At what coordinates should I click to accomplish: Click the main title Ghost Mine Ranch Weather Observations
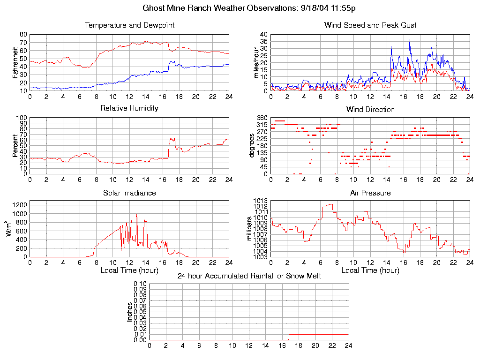coord(249,8)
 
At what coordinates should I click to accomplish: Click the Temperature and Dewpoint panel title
coord(129,25)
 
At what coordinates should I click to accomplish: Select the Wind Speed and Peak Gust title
coord(370,25)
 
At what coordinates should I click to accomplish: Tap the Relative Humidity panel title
coord(129,108)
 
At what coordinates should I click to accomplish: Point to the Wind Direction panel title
coord(370,110)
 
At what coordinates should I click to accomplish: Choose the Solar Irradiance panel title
coord(129,193)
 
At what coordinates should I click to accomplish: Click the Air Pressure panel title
coord(370,193)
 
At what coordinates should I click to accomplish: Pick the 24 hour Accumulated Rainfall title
coord(249,276)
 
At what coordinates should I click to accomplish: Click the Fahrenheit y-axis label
coord(15,63)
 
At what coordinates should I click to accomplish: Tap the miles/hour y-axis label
coord(256,63)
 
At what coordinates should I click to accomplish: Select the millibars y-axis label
coord(250,229)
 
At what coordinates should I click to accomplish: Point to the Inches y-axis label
coord(130,312)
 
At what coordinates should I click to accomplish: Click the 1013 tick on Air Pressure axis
coord(260,201)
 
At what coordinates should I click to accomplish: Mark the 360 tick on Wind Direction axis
coord(262,118)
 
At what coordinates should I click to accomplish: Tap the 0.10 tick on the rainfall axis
coord(140,284)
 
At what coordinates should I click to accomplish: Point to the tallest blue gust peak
coord(410,39)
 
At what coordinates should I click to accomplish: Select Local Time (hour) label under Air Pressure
coord(370,270)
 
